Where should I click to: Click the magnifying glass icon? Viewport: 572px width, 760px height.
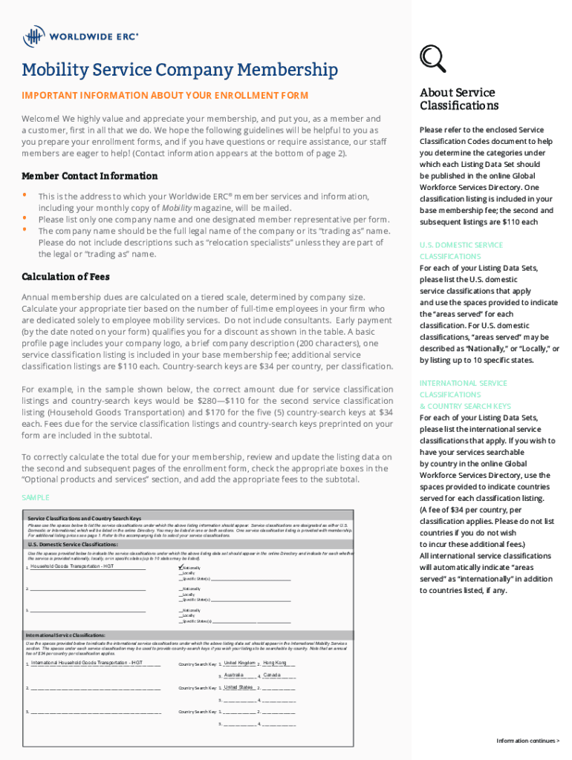pyautogui.click(x=432, y=59)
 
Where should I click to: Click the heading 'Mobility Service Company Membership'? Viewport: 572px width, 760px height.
pyautogui.click(x=180, y=71)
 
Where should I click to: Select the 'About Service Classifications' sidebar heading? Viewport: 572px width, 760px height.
pyautogui.click(x=458, y=99)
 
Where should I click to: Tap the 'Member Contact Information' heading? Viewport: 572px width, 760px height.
pyautogui.click(x=89, y=176)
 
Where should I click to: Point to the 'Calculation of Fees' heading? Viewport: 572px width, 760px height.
pyautogui.click(x=65, y=278)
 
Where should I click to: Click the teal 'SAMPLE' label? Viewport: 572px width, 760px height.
pyautogui.click(x=36, y=497)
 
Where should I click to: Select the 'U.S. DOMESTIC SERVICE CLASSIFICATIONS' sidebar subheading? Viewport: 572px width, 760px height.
pyautogui.click(x=461, y=250)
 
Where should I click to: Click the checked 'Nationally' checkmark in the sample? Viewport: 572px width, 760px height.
pyautogui.click(x=181, y=567)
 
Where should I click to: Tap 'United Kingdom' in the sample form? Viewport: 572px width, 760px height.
pyautogui.click(x=239, y=662)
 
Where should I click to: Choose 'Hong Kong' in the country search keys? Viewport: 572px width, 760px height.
pyautogui.click(x=275, y=662)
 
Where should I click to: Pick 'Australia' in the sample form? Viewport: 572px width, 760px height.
pyautogui.click(x=234, y=675)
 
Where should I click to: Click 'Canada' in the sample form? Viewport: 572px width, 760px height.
pyautogui.click(x=272, y=675)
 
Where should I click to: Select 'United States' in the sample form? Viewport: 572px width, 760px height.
pyautogui.click(x=238, y=687)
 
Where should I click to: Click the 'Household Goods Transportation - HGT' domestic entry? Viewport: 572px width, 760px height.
pyautogui.click(x=72, y=566)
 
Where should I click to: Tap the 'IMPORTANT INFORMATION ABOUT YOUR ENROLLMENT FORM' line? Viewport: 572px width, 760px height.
pyautogui.click(x=164, y=96)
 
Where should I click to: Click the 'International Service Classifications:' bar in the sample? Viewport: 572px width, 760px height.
pyautogui.click(x=66, y=635)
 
